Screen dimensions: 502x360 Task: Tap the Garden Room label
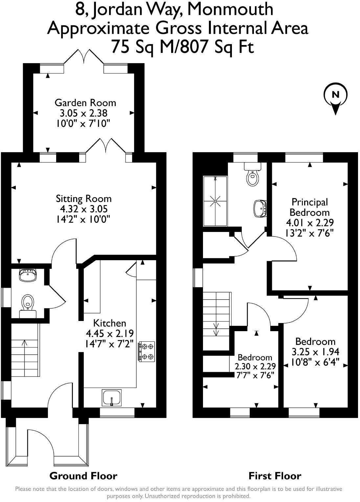tap(85, 103)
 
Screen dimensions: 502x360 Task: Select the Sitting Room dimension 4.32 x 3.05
tap(83, 209)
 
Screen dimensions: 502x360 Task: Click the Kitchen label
tap(109, 323)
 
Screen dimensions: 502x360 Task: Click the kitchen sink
tap(112, 397)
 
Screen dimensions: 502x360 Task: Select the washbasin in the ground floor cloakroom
tap(28, 275)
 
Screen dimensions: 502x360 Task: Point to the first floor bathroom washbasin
tap(260, 208)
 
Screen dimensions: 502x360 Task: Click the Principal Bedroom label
tap(310, 207)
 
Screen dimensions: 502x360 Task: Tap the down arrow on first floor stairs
tap(216, 329)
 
